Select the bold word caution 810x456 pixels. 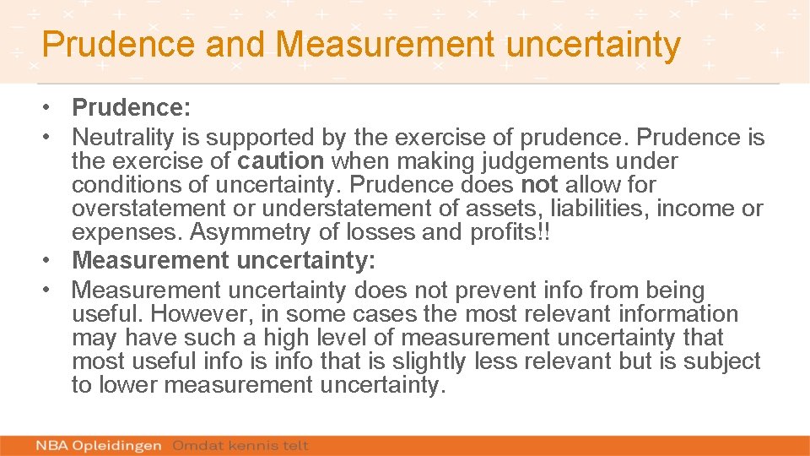[x=280, y=160]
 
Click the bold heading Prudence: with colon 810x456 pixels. [x=132, y=108]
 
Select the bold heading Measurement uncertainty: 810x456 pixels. [x=224, y=261]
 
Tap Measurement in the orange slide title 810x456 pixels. [x=377, y=44]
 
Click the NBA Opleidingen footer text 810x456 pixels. [x=100, y=445]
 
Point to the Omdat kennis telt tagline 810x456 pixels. [x=240, y=445]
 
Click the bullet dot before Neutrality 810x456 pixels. [x=51, y=136]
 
